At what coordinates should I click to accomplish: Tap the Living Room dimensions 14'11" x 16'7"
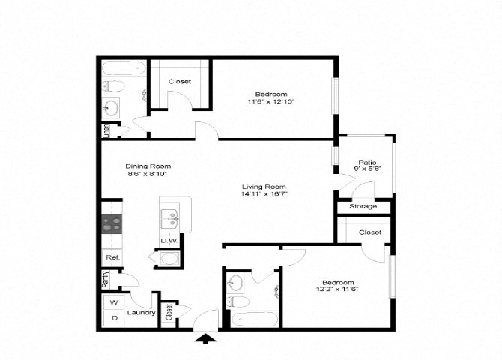pos(264,193)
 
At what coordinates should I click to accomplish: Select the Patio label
pos(366,162)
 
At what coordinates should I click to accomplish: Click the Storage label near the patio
pos(365,207)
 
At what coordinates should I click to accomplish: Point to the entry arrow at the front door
pos(204,339)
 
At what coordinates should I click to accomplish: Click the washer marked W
pos(114,302)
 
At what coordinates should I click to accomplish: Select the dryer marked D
pos(114,318)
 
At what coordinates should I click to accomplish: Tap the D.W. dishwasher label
pos(169,241)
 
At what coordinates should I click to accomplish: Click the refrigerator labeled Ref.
pos(112,258)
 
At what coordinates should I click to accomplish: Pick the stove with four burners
pos(112,224)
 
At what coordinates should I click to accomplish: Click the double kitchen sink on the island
pos(170,219)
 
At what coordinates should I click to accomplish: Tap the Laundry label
pos(141,313)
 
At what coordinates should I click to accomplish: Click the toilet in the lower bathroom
pos(238,301)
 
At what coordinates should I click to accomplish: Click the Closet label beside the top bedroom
pos(179,81)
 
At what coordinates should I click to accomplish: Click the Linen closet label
pos(106,131)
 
